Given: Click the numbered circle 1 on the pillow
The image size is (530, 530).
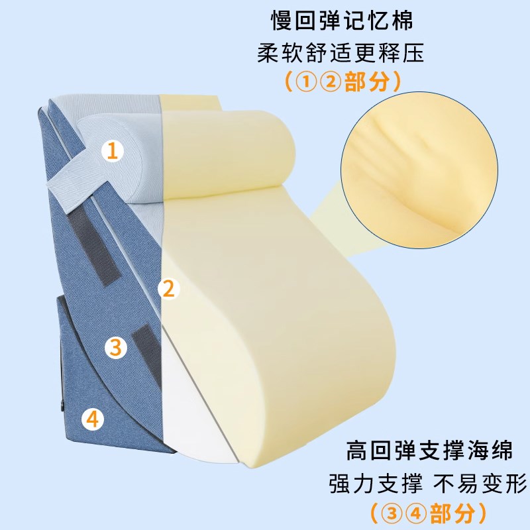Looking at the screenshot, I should tap(113, 152).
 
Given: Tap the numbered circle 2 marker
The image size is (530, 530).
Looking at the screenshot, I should tap(168, 288).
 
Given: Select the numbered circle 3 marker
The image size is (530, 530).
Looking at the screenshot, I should tap(115, 346).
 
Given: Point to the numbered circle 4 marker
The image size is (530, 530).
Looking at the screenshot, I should tap(92, 419).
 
